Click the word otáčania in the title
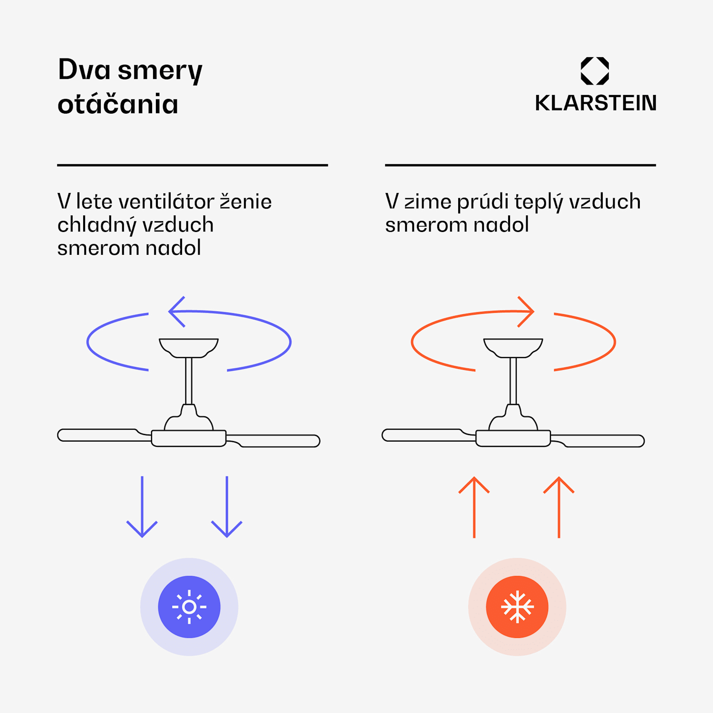(x=118, y=104)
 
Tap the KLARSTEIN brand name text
(x=595, y=103)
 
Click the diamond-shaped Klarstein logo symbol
(x=595, y=71)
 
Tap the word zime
(x=428, y=202)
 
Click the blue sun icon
(x=189, y=607)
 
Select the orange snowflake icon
(x=517, y=607)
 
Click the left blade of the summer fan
(x=97, y=435)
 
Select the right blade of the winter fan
(x=604, y=441)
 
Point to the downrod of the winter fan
(x=513, y=380)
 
